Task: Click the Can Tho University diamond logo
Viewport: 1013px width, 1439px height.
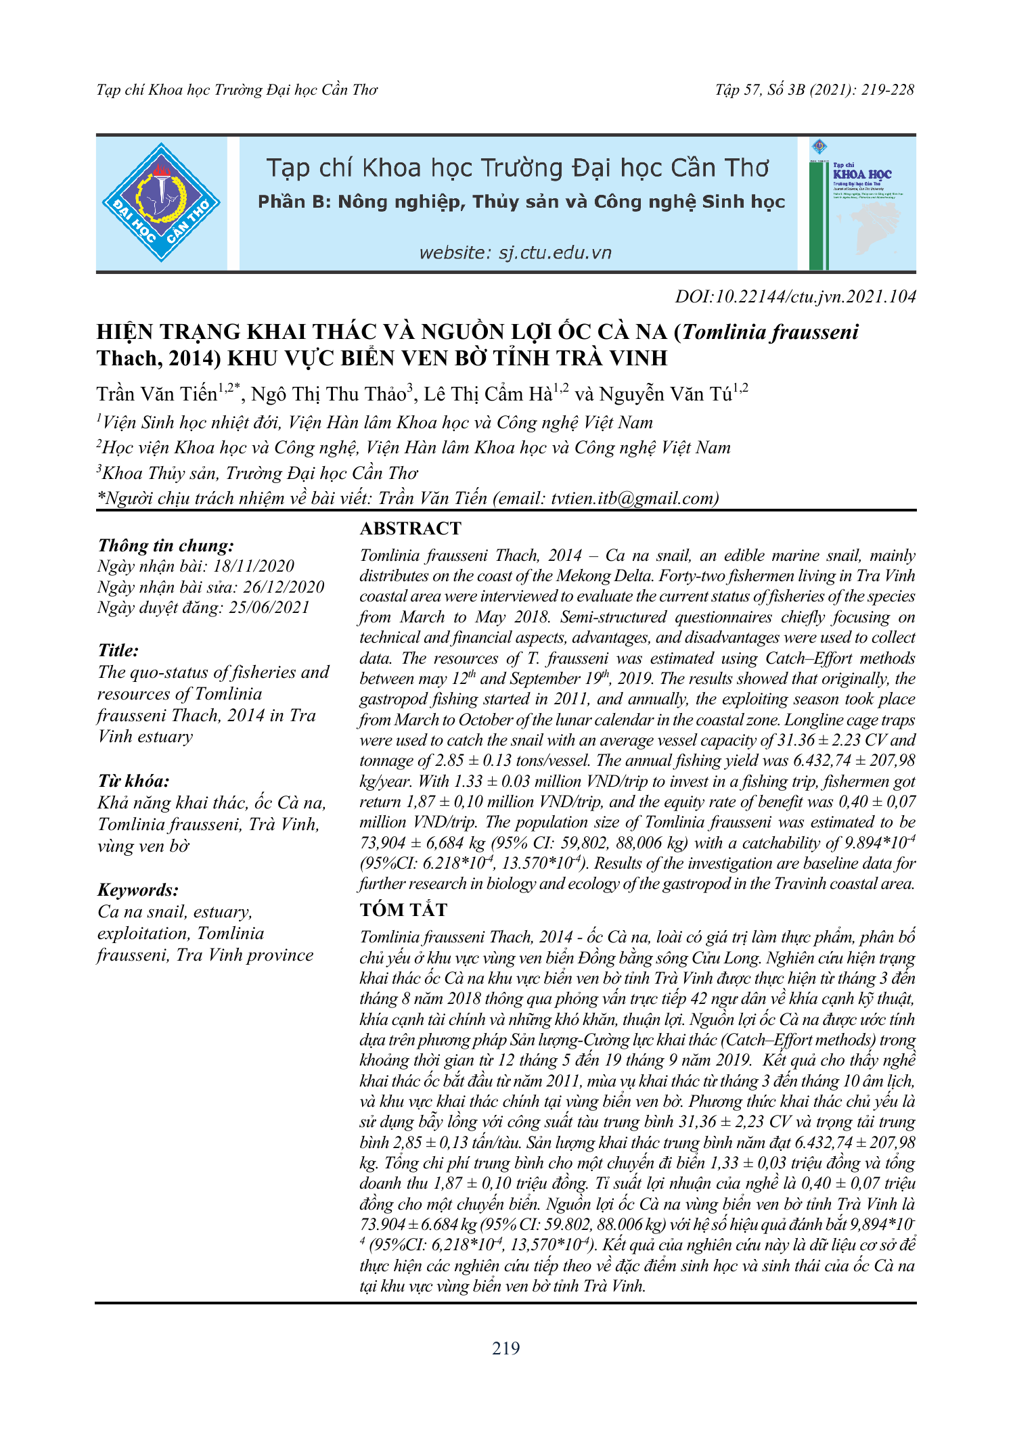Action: tap(161, 203)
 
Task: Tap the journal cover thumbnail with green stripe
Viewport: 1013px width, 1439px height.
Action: tap(861, 204)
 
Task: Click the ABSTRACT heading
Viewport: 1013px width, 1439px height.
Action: tap(410, 528)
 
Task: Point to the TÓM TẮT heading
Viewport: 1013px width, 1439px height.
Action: tap(403, 910)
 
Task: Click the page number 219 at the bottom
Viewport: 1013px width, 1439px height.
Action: tap(506, 1348)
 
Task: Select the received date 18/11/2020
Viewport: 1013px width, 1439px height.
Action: tap(254, 566)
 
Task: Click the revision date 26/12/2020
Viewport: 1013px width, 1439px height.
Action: tap(284, 587)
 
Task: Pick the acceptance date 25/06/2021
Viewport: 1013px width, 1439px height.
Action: tap(269, 607)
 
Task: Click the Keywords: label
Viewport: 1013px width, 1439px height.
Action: tap(138, 890)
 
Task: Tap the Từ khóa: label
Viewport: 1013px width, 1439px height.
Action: tap(133, 781)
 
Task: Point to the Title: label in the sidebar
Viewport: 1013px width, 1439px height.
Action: tap(118, 650)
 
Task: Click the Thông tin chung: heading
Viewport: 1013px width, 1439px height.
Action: tap(166, 545)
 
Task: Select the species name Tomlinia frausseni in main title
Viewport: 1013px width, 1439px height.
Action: tap(771, 332)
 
